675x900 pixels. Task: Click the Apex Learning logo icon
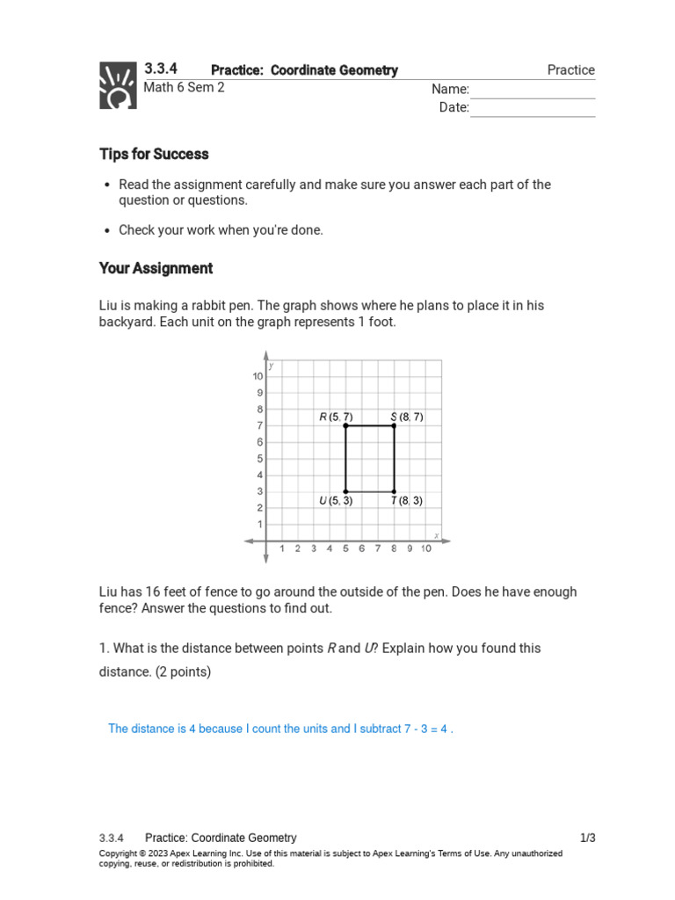[118, 85]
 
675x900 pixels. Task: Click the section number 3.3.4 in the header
[161, 69]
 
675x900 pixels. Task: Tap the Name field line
[532, 91]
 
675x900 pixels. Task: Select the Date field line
[532, 109]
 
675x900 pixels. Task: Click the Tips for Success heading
[154, 154]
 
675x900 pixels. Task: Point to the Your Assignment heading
[156, 268]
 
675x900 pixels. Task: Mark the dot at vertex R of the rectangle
[345, 425]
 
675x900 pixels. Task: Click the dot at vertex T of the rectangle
[394, 491]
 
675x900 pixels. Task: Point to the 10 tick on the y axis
[258, 376]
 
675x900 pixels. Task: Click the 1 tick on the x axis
[282, 549]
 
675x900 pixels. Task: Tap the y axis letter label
[272, 366]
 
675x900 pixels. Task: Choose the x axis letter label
[436, 535]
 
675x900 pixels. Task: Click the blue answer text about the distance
[280, 729]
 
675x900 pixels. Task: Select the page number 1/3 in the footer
[587, 838]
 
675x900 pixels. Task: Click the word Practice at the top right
[570, 70]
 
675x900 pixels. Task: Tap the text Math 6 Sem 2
[184, 88]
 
